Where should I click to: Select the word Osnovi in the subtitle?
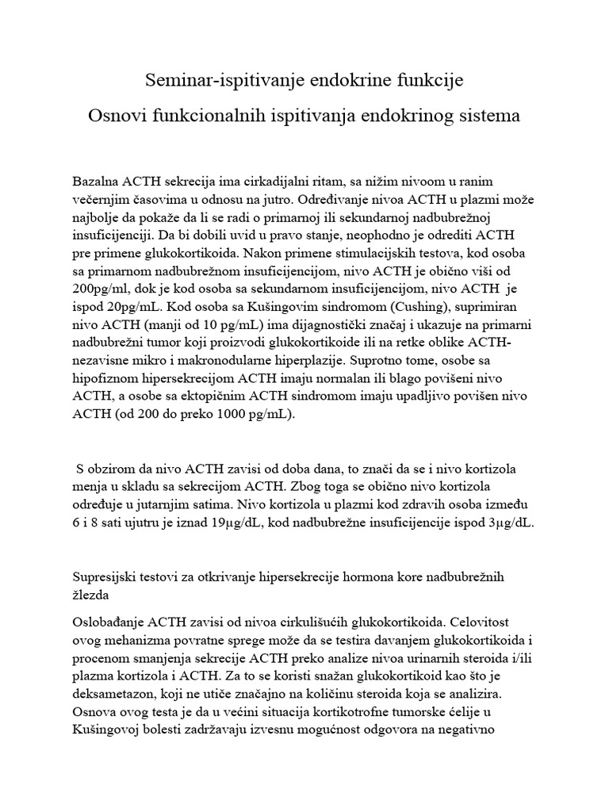[117, 116]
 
